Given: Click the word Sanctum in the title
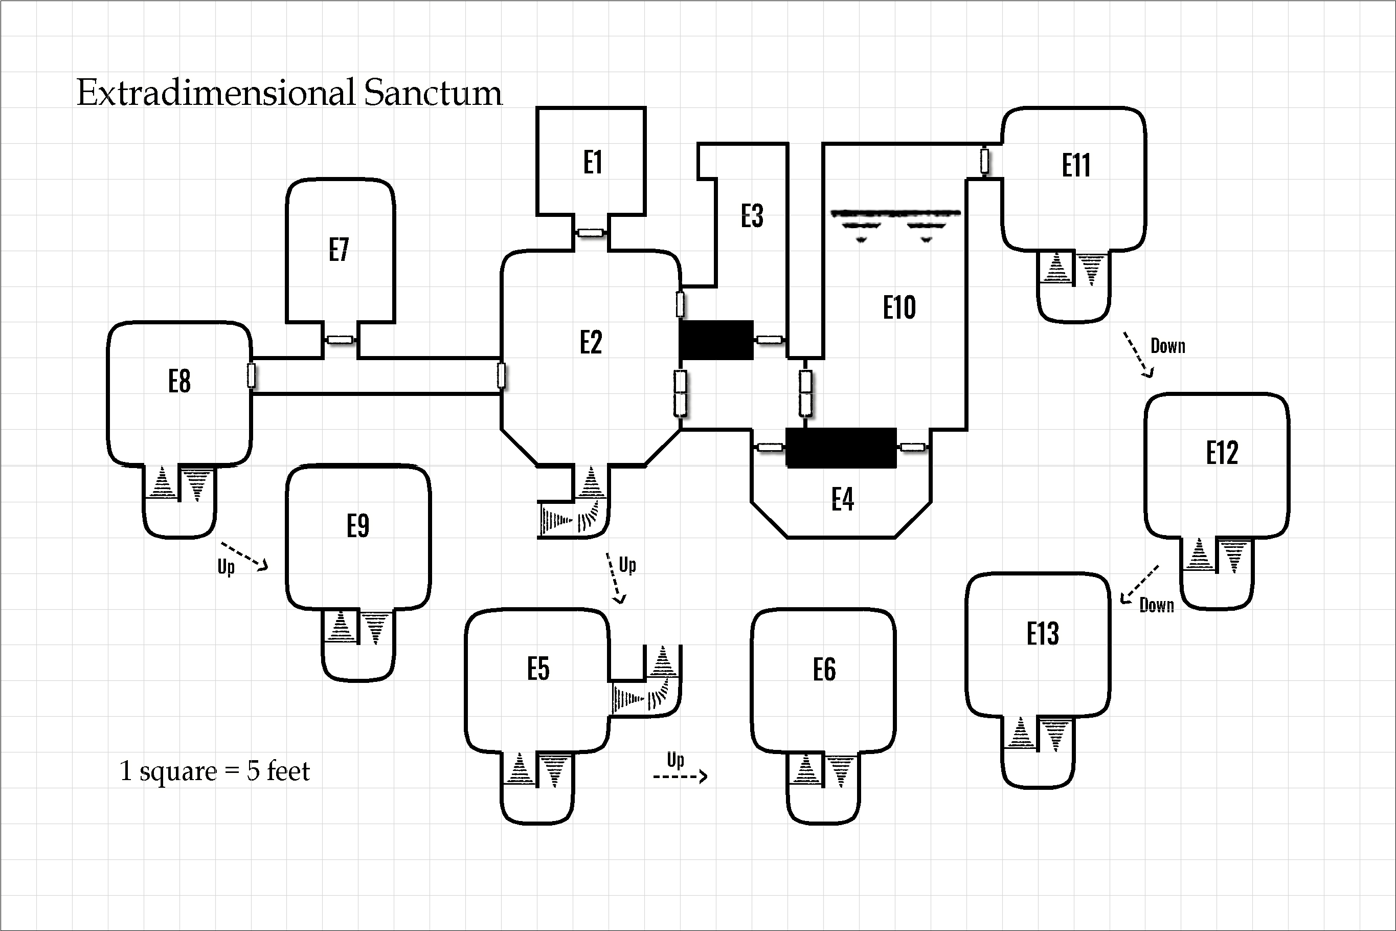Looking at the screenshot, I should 433,93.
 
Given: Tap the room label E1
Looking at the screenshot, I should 592,162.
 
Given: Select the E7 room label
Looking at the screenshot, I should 339,250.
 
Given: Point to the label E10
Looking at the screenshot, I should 899,307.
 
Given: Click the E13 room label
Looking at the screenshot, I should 1043,633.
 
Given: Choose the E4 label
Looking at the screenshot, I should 842,499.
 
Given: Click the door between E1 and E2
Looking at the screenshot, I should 591,233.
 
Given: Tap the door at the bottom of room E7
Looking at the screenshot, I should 340,340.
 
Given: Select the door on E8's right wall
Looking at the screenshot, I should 252,376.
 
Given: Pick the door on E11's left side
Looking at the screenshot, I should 985,161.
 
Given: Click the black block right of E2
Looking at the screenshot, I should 716,340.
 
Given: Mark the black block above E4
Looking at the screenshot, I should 841,448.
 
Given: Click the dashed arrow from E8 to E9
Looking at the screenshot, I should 244,556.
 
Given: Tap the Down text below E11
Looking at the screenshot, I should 1167,346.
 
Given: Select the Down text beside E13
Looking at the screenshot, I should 1156,606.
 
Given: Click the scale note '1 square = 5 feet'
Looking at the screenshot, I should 214,771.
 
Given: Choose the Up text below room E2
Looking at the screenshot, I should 627,565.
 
